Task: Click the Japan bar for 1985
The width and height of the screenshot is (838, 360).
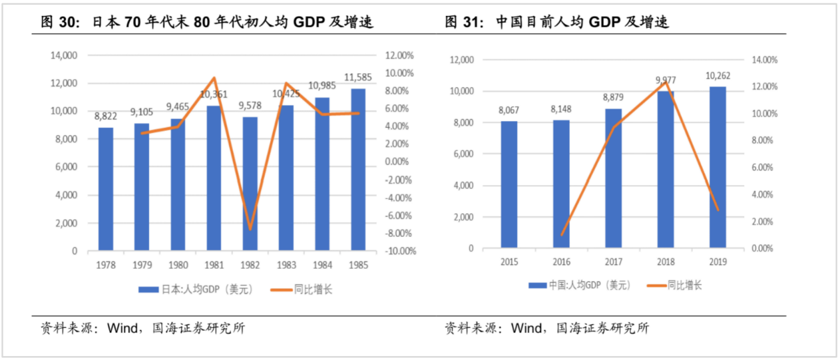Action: [358, 170]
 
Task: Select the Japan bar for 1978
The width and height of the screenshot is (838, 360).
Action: [106, 189]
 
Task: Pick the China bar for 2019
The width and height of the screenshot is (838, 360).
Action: [718, 167]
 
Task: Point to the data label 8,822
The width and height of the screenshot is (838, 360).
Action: [106, 116]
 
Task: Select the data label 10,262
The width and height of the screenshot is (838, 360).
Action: [718, 75]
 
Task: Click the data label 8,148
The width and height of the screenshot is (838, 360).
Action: [561, 108]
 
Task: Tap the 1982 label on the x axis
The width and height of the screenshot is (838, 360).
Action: [250, 266]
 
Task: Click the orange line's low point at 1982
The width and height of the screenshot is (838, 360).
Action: [250, 230]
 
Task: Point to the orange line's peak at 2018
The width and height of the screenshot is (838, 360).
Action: [665, 82]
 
